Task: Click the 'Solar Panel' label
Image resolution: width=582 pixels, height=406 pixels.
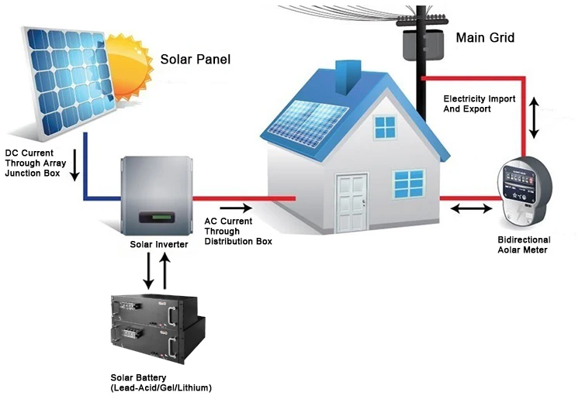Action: coord(195,60)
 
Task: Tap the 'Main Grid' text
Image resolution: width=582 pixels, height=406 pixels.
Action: coord(485,37)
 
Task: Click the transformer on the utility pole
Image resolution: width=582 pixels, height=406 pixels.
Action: coord(419,42)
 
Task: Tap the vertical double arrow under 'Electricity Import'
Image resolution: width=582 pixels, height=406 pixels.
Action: coord(533,117)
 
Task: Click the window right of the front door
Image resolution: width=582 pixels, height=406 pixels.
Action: coord(408,184)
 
